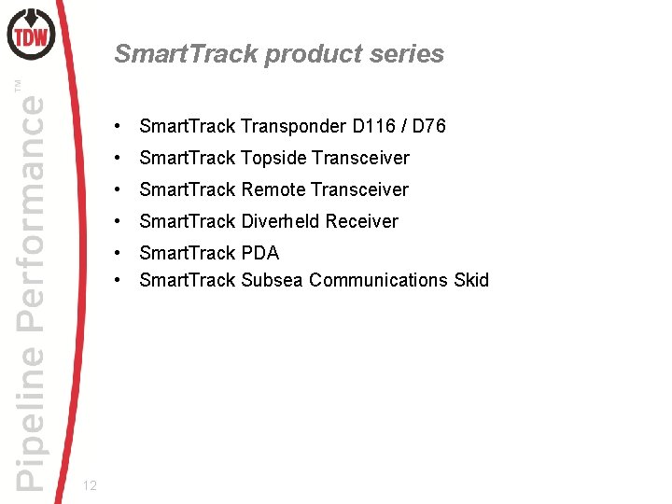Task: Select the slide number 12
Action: pos(91,484)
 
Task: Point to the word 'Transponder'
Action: pos(293,126)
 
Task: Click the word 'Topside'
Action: pos(273,158)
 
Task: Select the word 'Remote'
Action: pos(273,189)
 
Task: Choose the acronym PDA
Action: pos(260,253)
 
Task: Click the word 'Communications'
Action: pos(378,280)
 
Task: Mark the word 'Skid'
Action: pos(470,280)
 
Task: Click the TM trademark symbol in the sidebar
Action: pos(19,86)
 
